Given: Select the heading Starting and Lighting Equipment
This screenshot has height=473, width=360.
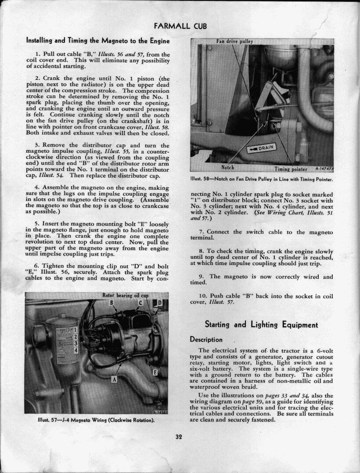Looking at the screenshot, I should point(261,325).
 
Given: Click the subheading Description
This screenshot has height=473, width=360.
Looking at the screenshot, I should point(206,340).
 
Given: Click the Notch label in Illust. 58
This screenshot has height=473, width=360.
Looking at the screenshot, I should point(227,167).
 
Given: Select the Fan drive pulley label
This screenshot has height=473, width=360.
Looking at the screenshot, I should point(235,41).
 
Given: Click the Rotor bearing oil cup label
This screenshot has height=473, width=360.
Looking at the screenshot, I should point(125,295).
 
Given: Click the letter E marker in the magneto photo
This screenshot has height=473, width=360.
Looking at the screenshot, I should point(155,373).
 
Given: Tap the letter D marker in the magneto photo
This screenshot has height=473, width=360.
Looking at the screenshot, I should point(160,302).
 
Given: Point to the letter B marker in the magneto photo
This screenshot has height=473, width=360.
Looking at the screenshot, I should point(112,302).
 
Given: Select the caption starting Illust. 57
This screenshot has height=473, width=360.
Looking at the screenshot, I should point(96,420).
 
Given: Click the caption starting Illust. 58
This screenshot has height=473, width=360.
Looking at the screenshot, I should point(262,179).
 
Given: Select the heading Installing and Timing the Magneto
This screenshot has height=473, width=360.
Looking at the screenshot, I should point(98,41).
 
